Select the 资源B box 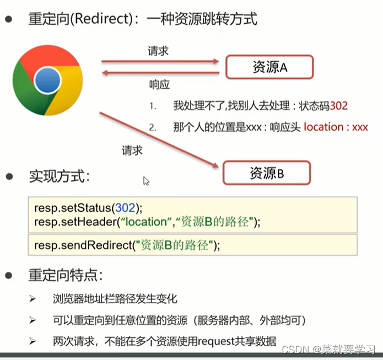267,174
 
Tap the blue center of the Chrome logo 47,82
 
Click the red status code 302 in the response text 339,105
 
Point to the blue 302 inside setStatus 125,208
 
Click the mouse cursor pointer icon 146,181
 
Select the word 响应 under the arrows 159,85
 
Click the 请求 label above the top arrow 158,51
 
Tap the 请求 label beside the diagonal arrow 132,150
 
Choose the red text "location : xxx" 336,127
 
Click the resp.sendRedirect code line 127,245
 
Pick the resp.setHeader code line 147,222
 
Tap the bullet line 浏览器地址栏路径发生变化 115,299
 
